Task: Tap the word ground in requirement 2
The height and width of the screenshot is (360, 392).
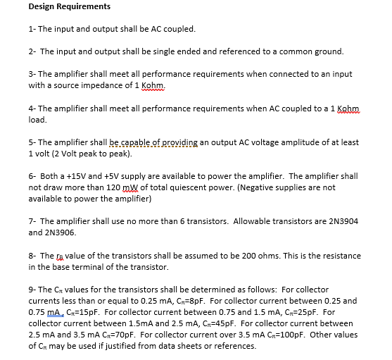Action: (x=328, y=51)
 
